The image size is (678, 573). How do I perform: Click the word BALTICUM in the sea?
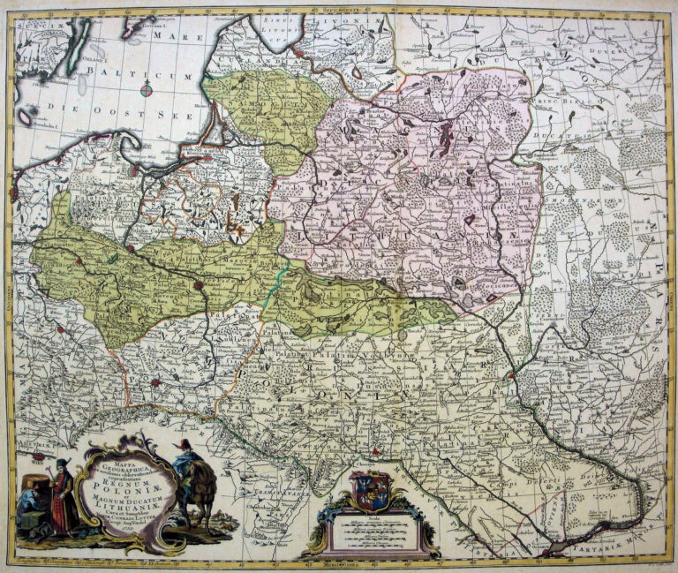pyautogui.click(x=162, y=77)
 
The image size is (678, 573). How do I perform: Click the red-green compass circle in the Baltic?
pyautogui.click(x=147, y=88)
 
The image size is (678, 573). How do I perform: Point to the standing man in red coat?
pyautogui.click(x=61, y=499)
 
